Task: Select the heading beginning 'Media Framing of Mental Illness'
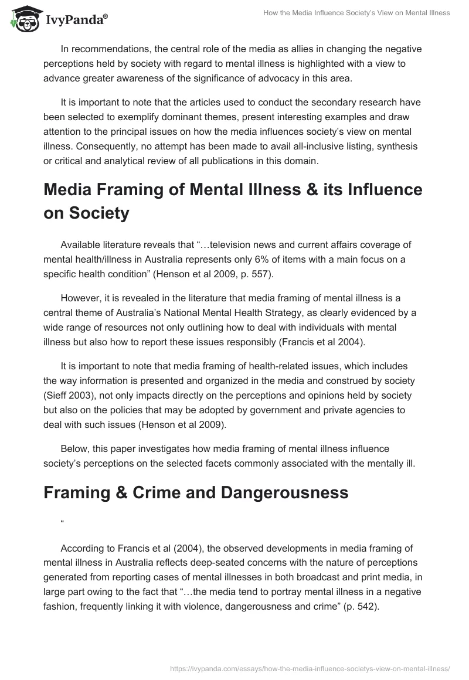[233, 201]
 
